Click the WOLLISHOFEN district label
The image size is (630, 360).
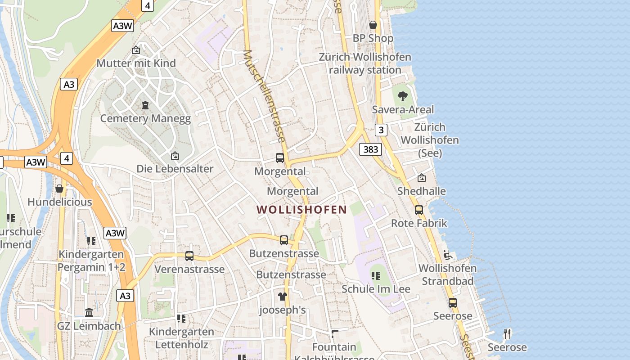(x=301, y=210)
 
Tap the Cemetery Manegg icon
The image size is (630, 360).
(x=145, y=105)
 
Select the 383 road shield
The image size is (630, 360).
(x=370, y=149)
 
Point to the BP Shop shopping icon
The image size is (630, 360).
(x=373, y=25)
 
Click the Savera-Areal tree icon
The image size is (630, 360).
(x=403, y=96)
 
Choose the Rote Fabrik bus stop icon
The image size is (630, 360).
(x=419, y=210)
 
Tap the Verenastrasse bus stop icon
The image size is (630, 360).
(x=189, y=256)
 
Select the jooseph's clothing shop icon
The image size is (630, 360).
(x=282, y=296)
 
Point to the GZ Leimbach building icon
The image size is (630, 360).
(x=89, y=312)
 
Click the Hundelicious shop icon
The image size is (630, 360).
(x=59, y=189)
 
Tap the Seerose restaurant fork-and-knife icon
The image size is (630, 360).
(x=507, y=333)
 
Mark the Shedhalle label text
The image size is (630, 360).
(x=421, y=191)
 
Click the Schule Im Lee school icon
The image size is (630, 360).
(x=376, y=275)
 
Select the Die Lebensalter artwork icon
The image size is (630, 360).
(x=175, y=156)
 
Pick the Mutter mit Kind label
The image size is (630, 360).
(x=136, y=63)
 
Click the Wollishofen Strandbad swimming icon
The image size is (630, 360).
(x=447, y=255)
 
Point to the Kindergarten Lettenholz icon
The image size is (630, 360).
(x=181, y=319)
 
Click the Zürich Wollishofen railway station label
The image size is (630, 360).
(x=365, y=63)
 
